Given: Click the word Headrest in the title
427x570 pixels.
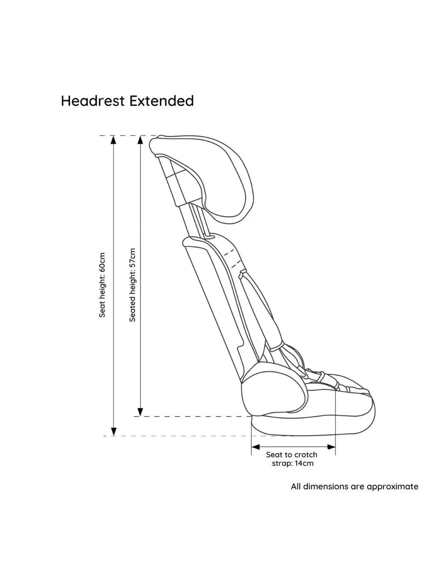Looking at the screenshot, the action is [x=93, y=101].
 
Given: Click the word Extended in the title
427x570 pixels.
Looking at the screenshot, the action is [x=161, y=101].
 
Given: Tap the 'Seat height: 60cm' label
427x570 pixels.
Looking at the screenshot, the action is [x=102, y=285].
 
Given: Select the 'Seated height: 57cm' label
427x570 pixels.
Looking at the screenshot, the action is [x=132, y=285].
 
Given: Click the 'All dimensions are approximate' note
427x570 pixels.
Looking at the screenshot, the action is [x=354, y=486].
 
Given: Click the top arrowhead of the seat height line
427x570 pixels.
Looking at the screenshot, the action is [x=113, y=140].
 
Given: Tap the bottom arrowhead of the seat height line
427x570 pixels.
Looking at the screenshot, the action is [x=113, y=432].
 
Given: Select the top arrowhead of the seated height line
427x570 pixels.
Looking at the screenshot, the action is [x=140, y=140].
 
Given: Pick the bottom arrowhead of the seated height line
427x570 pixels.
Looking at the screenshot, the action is [x=140, y=412].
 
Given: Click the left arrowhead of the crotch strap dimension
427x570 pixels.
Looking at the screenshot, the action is [x=256, y=447].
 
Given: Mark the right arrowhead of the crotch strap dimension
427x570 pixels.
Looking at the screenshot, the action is [x=331, y=447].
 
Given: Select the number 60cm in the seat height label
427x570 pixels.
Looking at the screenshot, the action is [x=102, y=262].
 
